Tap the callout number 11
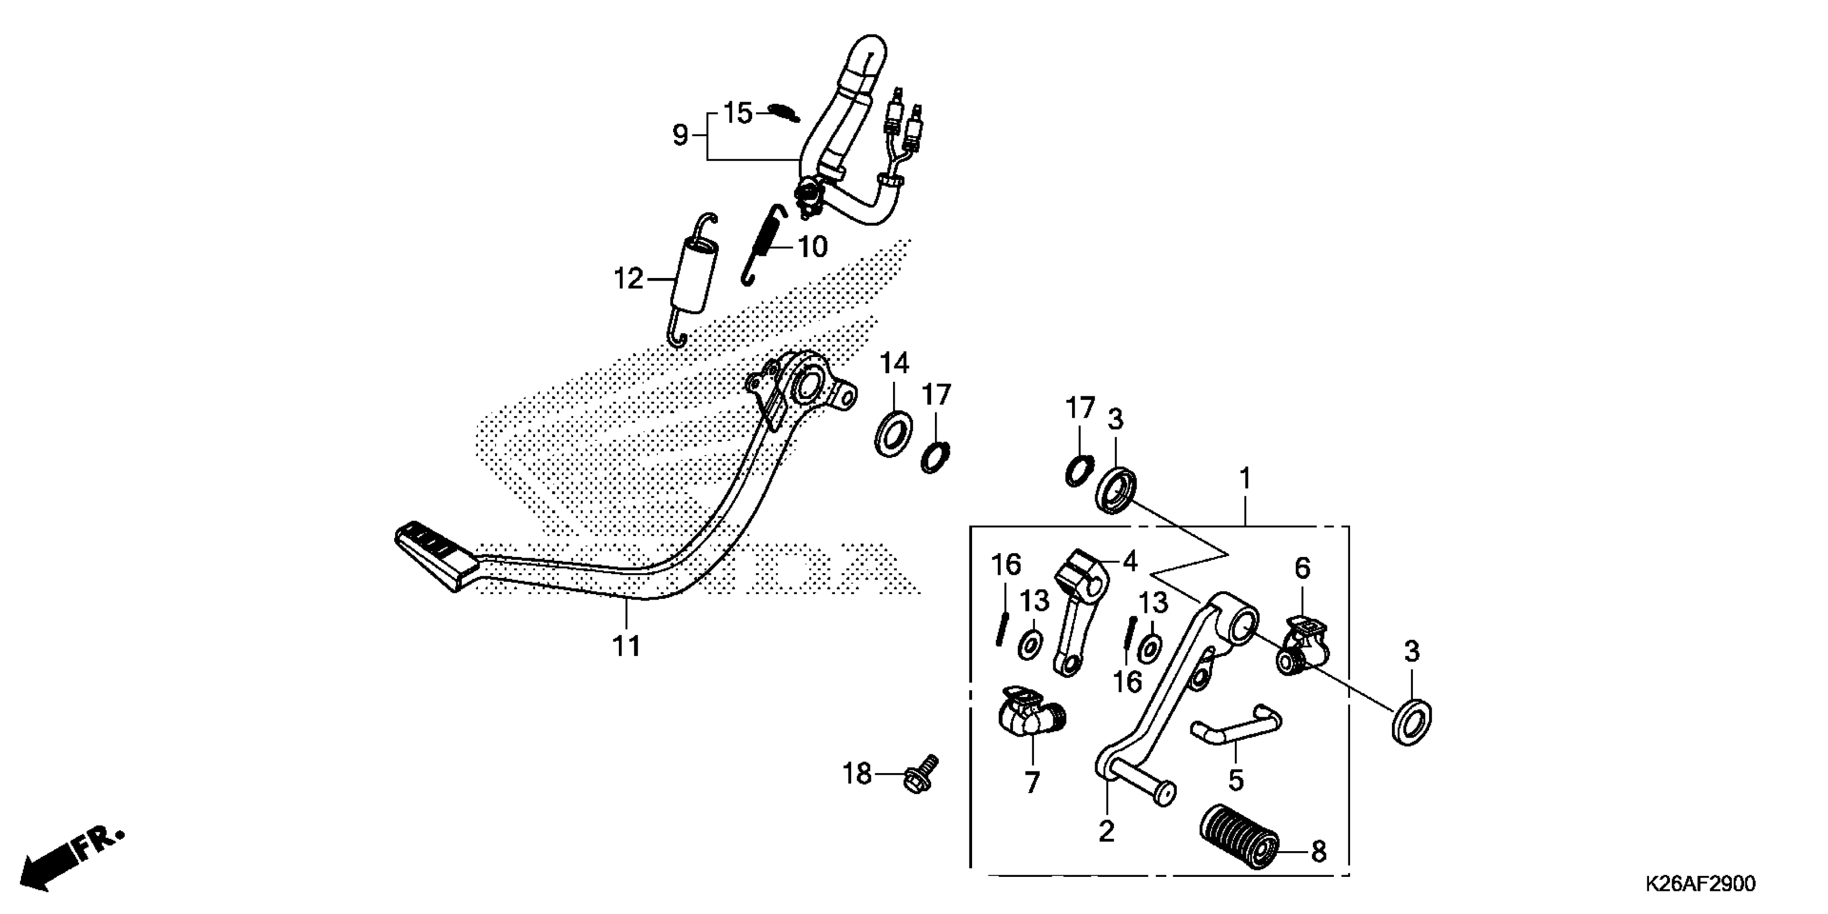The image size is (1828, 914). point(626,646)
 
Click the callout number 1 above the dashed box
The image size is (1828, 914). point(1245,480)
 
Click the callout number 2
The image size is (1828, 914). point(1106,831)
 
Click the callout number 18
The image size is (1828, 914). point(856,774)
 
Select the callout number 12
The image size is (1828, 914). point(628,279)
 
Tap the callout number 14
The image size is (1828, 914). point(894,364)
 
